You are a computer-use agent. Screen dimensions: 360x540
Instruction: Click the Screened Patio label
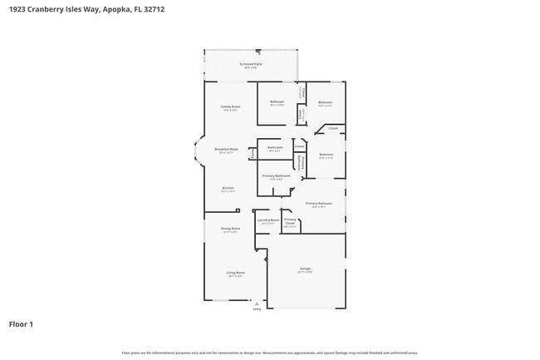click(250, 64)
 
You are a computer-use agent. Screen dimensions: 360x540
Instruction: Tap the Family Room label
click(230, 107)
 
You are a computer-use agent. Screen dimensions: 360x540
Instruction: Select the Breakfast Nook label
click(227, 149)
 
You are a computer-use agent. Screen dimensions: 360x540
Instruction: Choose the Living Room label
click(235, 273)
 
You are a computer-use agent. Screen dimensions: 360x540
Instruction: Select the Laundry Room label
click(269, 221)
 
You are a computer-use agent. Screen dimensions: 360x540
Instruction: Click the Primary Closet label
click(290, 222)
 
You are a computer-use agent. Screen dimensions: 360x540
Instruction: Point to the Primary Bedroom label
click(318, 204)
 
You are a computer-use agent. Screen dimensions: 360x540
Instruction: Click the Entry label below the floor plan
click(257, 308)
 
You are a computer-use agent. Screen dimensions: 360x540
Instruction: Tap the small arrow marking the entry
click(257, 303)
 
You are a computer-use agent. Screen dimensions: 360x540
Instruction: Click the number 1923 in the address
click(20, 9)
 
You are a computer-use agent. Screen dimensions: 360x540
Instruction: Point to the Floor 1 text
click(21, 323)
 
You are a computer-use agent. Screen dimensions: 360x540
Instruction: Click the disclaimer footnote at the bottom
click(270, 353)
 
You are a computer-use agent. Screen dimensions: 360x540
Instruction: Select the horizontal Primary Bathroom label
click(276, 175)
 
